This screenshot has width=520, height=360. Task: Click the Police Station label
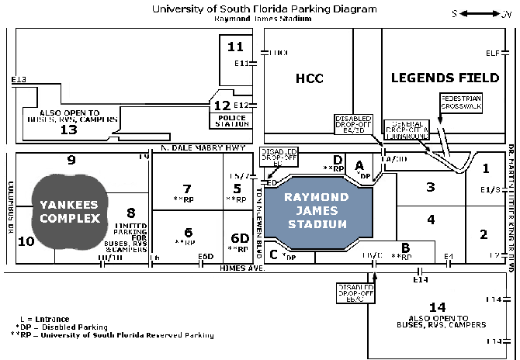230,120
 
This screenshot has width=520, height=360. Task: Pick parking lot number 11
235,47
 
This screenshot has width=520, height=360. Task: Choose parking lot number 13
69,130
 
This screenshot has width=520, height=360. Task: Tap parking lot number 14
437,306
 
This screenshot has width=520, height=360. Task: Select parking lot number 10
26,241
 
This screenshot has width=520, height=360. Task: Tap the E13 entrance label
19,80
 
